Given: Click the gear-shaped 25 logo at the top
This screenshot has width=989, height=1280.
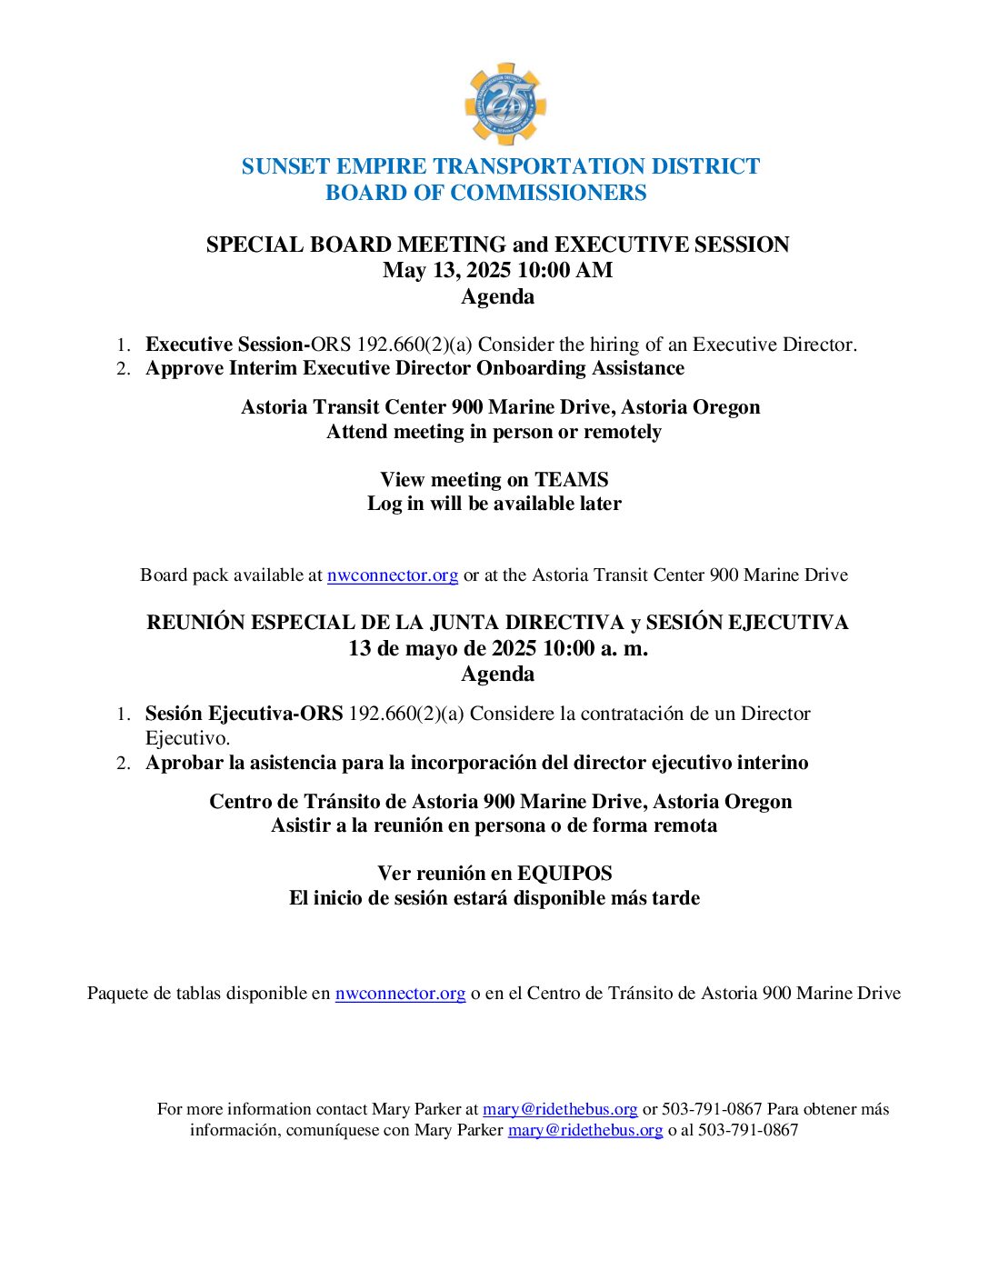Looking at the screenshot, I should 504,105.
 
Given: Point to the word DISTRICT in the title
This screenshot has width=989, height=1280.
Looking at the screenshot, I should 714,166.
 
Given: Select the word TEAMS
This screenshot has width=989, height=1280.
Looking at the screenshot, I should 571,480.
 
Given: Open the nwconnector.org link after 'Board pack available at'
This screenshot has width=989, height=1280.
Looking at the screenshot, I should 392,575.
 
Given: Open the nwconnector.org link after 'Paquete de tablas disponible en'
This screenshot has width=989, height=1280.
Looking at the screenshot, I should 400,994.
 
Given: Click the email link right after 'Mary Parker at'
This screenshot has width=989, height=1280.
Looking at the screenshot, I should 560,1109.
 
